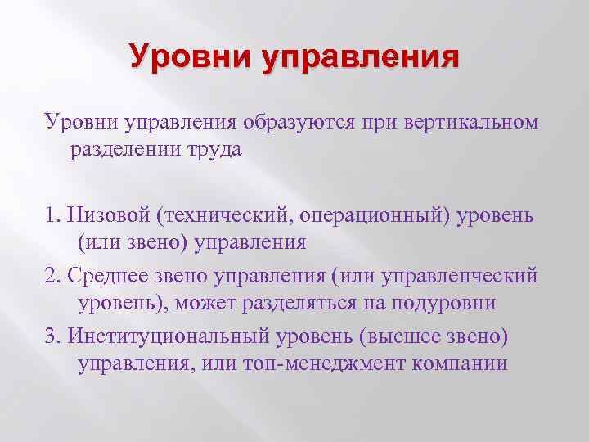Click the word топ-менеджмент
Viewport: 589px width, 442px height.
click(x=313, y=364)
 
